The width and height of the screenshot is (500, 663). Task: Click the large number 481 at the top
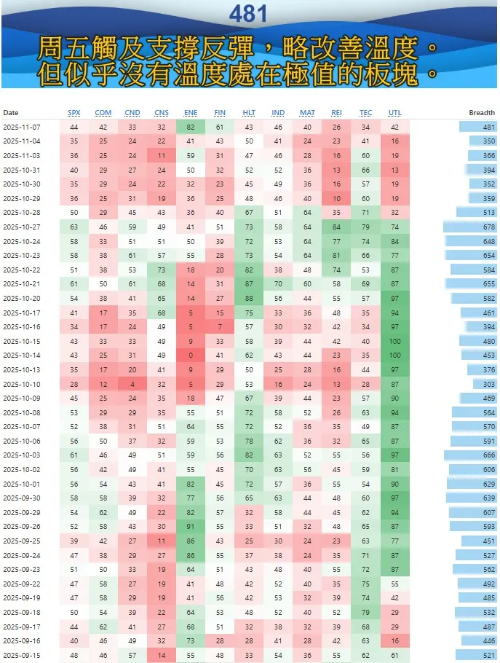pos(248,13)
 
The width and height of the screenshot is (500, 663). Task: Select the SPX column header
pos(74,113)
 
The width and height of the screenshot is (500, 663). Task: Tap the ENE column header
pos(191,113)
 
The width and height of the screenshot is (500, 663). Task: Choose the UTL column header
pos(394,113)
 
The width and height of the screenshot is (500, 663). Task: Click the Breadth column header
pos(481,113)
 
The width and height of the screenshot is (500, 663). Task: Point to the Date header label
pos(11,113)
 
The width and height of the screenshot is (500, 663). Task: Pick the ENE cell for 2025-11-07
pos(191,127)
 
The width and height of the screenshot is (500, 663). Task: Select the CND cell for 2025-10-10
pos(132,385)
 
